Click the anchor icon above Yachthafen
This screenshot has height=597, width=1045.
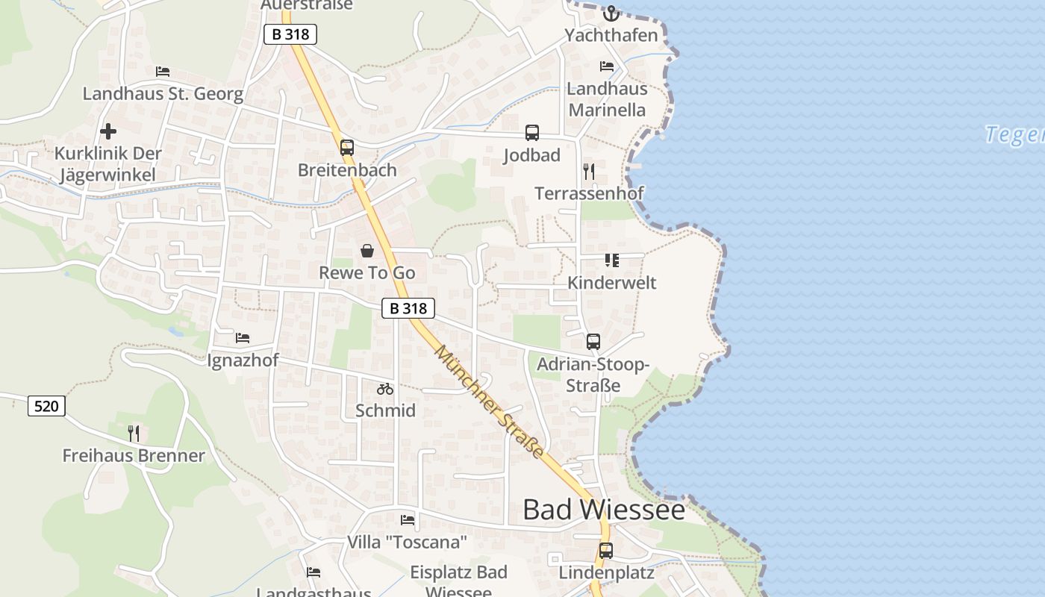tap(611, 13)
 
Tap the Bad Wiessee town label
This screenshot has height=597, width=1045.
tap(603, 510)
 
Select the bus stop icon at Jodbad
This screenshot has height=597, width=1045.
tap(532, 133)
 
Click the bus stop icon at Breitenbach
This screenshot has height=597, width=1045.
tap(346, 148)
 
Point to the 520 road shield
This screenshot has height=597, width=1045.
tap(46, 406)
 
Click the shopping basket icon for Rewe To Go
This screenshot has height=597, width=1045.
tap(366, 251)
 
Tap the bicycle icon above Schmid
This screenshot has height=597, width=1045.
tap(385, 389)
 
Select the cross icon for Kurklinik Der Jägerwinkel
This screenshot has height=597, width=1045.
tap(108, 132)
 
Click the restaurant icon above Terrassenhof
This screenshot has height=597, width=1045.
tap(589, 172)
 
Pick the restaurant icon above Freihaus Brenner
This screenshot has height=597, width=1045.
tap(134, 434)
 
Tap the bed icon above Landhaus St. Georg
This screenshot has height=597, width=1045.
tap(163, 72)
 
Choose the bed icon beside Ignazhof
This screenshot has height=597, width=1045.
tap(243, 338)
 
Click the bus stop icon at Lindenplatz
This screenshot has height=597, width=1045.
tap(606, 551)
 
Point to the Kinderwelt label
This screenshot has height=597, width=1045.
tap(612, 283)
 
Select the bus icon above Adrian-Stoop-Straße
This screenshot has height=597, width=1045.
tap(593, 342)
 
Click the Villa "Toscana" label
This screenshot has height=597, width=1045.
tap(407, 542)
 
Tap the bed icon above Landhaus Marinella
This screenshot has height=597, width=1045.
tap(607, 66)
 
